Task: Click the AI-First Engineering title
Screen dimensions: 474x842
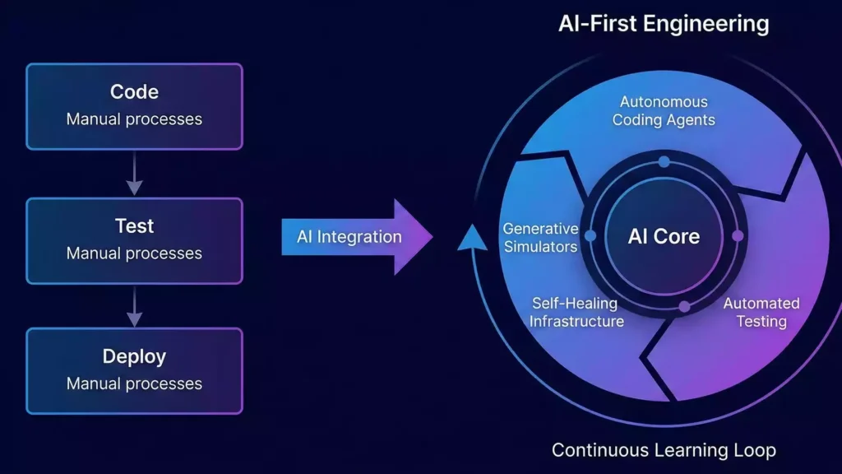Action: [664, 23]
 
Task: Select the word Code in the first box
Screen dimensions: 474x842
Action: [134, 92]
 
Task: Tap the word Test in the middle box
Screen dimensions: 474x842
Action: [134, 225]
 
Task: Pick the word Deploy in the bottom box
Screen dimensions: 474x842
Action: [134, 357]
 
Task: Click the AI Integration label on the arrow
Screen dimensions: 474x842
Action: [349, 237]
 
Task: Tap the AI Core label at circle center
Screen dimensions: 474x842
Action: [664, 237]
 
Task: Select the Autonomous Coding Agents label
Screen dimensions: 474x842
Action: [664, 111]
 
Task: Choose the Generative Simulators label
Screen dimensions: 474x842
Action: [540, 237]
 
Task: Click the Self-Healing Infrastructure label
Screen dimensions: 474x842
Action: [576, 313]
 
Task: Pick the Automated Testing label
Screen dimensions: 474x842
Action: [761, 313]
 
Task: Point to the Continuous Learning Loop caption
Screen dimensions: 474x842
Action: [664, 450]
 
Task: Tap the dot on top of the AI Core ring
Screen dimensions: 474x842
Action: [664, 162]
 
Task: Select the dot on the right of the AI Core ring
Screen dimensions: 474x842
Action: [738, 236]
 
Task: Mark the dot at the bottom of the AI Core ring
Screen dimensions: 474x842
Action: [684, 307]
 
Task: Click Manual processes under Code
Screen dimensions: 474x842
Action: [134, 119]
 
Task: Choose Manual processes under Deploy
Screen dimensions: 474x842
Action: [134, 383]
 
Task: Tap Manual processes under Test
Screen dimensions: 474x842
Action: [134, 253]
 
